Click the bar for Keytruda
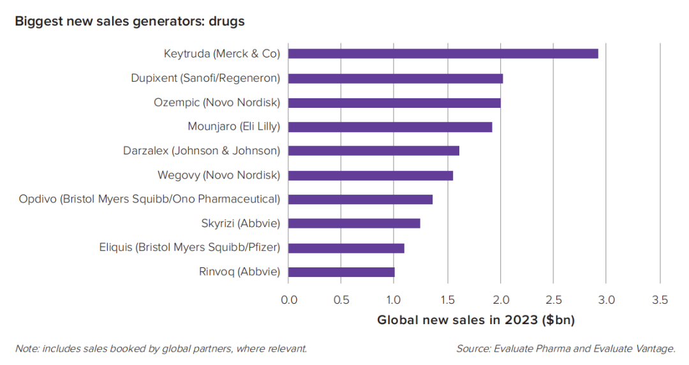(443, 54)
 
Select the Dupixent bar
(396, 78)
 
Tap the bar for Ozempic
(394, 103)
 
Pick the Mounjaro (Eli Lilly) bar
(390, 127)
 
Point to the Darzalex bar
(374, 151)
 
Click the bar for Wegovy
(371, 175)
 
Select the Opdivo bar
(360, 199)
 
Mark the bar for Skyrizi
(354, 223)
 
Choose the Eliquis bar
(346, 248)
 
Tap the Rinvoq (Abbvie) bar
(341, 272)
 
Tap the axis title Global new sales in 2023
(476, 320)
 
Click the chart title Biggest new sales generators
(130, 21)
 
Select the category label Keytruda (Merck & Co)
(221, 54)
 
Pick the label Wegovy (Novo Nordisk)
(218, 175)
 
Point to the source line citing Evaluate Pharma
(565, 348)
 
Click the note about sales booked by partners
(161, 348)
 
